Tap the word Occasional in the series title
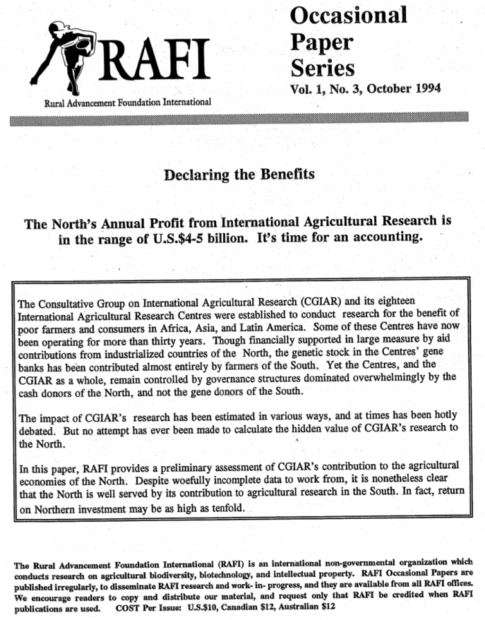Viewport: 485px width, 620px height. tap(348, 15)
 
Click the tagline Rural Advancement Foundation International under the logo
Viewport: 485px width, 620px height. tap(127, 102)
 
